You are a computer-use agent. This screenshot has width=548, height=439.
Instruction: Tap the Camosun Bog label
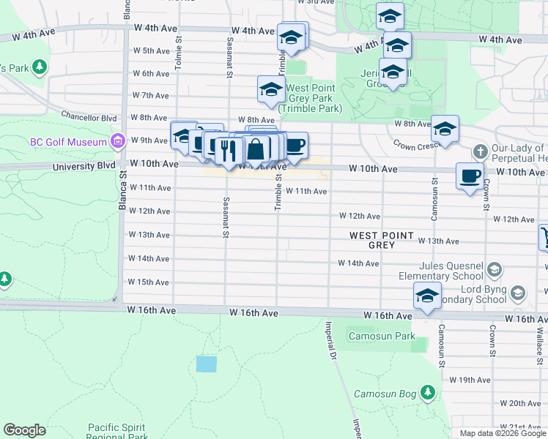[384, 394]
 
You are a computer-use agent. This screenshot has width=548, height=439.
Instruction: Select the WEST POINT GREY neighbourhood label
[382, 240]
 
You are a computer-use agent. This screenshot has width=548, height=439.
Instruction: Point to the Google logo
[24, 430]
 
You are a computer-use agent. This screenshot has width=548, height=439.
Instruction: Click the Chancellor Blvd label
[89, 116]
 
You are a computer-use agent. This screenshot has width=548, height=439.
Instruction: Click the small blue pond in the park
[207, 364]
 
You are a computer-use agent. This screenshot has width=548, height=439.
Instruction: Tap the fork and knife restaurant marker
[229, 151]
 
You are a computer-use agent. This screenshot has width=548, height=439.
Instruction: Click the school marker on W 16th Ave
[426, 296]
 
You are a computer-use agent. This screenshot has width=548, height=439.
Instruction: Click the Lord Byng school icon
[518, 293]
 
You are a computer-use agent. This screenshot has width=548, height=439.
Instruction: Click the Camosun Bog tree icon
[429, 394]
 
